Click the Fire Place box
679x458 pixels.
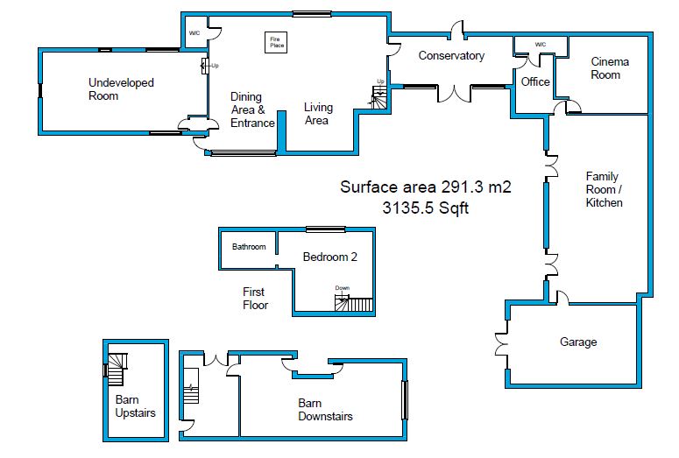tap(276, 42)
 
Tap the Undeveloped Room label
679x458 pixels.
tap(121, 89)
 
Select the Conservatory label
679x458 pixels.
tap(451, 56)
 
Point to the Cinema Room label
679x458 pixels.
tap(610, 68)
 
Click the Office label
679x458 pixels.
tap(535, 81)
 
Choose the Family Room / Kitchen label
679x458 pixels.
tap(605, 189)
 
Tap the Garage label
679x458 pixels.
tap(578, 342)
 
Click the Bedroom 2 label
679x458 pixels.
tap(329, 257)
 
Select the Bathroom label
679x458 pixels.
tap(249, 247)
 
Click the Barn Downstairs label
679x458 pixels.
tap(325, 410)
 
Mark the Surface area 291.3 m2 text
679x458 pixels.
tap(425, 187)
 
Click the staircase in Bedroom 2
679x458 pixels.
tap(354, 305)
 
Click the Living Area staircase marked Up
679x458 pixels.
tap(378, 97)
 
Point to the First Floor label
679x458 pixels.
tap(255, 298)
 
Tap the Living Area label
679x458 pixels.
tap(318, 114)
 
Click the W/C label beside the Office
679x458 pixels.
tap(541, 45)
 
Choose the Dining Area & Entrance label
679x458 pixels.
tap(252, 109)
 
